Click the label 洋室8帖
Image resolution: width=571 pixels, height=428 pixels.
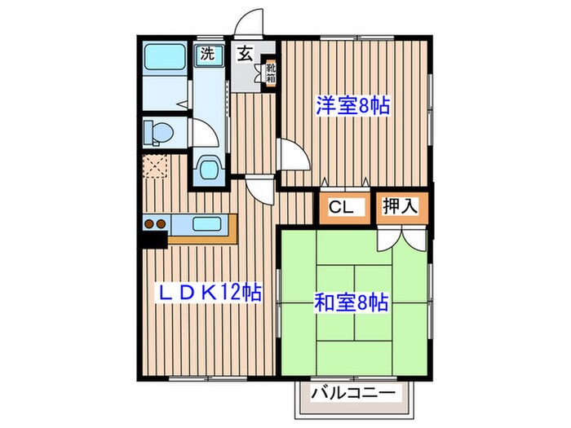(352, 105)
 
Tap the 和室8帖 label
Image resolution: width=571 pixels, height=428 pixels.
(351, 303)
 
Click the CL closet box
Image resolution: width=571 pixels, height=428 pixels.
(341, 208)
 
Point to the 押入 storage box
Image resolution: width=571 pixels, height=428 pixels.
(401, 207)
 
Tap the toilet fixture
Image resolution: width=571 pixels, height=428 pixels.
(157, 131)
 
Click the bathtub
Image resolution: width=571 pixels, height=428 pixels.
(164, 60)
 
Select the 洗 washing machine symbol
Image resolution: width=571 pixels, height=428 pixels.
(209, 55)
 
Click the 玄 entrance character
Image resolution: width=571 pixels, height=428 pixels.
(244, 55)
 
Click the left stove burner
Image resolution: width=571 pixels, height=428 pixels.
(149, 223)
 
